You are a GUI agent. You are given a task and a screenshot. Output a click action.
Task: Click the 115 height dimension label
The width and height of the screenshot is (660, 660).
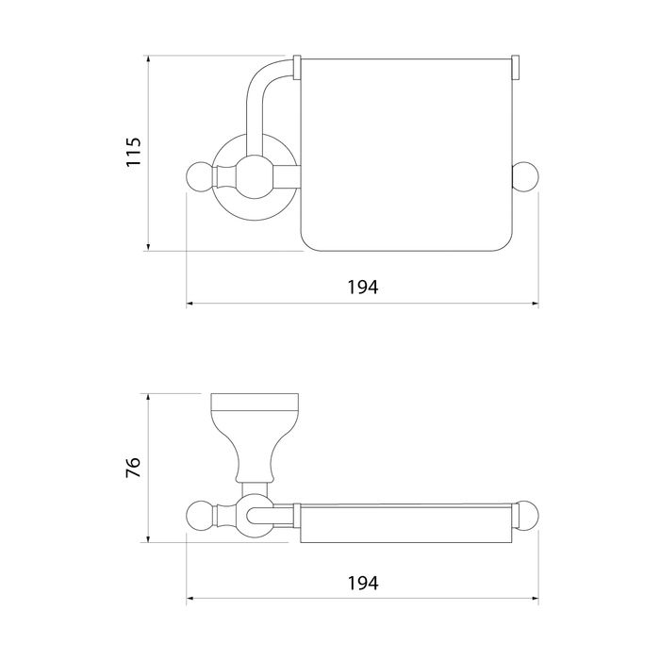coord(134,152)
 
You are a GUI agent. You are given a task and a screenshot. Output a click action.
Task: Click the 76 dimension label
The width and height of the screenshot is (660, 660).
coord(134,468)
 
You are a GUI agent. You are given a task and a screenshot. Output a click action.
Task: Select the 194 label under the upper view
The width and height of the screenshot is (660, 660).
coord(363,287)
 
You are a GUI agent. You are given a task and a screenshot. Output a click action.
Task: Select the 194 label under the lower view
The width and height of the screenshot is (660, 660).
coord(363,584)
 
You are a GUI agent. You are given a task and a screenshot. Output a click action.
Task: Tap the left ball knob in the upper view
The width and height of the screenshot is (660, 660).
coord(201,177)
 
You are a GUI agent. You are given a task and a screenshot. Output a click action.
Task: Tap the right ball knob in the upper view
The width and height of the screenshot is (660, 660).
coord(525,177)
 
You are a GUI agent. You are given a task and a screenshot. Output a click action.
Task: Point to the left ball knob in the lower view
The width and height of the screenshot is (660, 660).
coord(201,515)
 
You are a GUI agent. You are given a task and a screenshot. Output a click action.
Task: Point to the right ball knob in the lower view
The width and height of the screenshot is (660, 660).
coord(526,515)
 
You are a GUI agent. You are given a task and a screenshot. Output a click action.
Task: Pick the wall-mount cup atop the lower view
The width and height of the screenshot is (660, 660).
coord(255,437)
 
